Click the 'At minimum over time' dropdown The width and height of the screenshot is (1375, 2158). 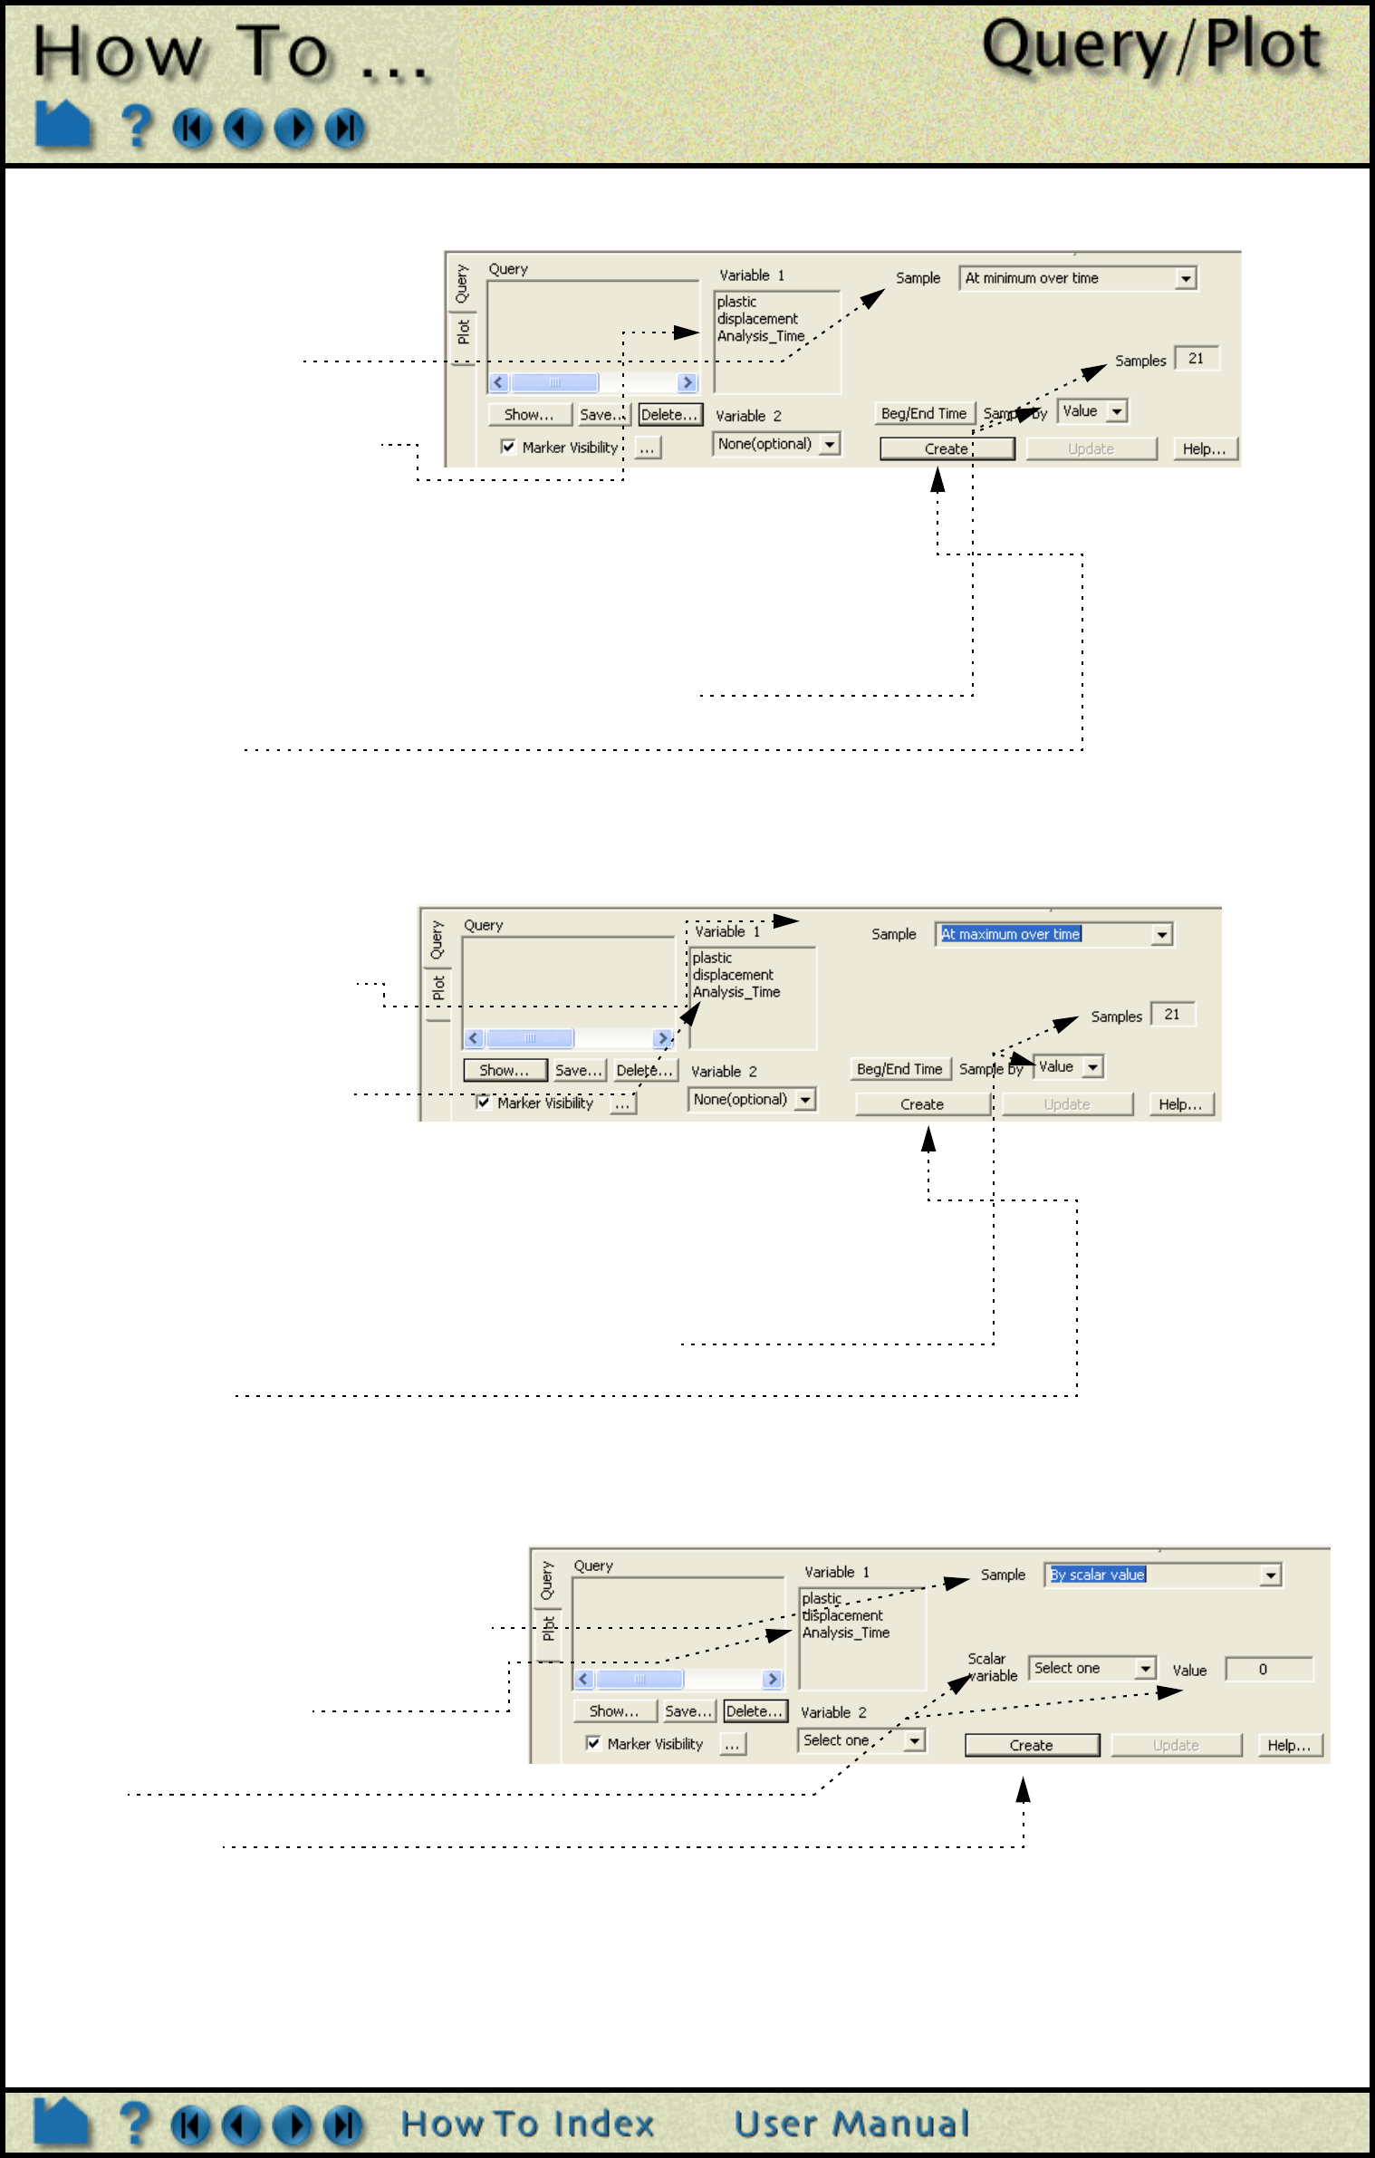(1077, 278)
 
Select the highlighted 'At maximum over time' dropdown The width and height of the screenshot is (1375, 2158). (1053, 934)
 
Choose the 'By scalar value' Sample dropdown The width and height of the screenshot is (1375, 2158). (1162, 1575)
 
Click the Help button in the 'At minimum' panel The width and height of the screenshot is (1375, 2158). (1204, 449)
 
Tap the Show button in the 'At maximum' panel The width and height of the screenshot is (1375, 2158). (505, 1071)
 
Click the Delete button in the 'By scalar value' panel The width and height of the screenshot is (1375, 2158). (755, 1711)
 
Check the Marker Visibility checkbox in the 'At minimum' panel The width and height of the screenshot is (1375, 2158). (508, 447)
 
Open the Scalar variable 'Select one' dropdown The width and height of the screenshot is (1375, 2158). (1091, 1668)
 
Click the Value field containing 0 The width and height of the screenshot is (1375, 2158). (1267, 1669)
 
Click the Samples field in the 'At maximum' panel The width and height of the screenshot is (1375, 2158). (1172, 1015)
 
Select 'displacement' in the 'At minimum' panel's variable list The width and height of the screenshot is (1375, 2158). (757, 319)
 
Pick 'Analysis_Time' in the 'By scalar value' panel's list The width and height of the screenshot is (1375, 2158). (845, 1633)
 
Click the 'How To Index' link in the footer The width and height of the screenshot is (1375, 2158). (527, 2124)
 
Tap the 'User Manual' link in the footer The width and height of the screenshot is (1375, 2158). (851, 2124)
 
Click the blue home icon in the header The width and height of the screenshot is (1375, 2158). (62, 124)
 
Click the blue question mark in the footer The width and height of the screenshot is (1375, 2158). (135, 2124)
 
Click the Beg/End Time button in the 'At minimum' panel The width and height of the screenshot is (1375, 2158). (923, 414)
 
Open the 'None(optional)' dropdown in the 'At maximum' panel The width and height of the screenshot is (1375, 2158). (751, 1100)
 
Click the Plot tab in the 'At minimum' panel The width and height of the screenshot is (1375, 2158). (463, 332)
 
